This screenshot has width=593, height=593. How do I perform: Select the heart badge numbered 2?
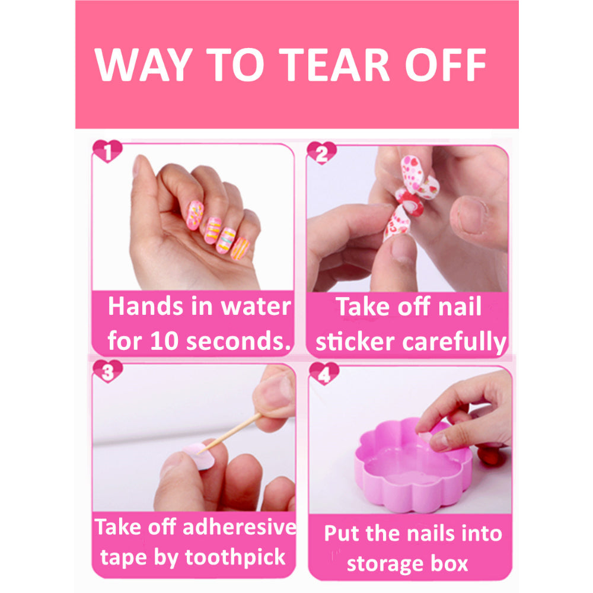321,154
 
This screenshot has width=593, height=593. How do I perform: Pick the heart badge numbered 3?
107,372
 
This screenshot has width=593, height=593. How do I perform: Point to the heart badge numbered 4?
323,374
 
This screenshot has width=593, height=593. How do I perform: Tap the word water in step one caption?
256,307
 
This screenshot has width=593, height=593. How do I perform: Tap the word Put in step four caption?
341,533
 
